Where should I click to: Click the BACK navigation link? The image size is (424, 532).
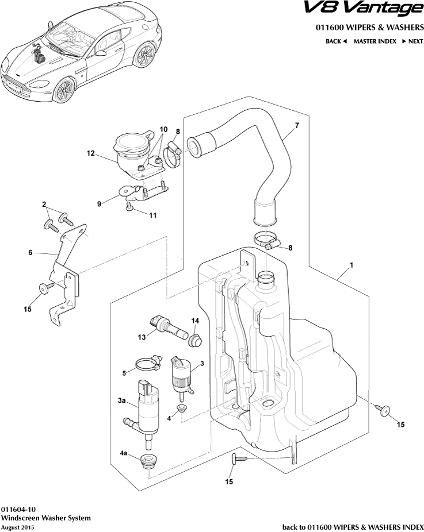pyautogui.click(x=336, y=41)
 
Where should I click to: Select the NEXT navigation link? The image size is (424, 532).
pyautogui.click(x=412, y=41)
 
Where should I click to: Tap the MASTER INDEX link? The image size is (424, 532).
pyautogui.click(x=375, y=41)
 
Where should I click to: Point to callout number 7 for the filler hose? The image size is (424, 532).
pyautogui.click(x=297, y=125)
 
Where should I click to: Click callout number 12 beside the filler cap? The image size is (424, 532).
pyautogui.click(x=90, y=153)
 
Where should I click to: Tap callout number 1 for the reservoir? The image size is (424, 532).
pyautogui.click(x=351, y=266)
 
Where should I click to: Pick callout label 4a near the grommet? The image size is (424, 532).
pyautogui.click(x=124, y=453)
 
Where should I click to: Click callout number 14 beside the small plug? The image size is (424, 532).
pyautogui.click(x=195, y=321)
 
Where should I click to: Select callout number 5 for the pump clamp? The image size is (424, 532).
pyautogui.click(x=124, y=373)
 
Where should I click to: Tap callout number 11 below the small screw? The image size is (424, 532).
pyautogui.click(x=152, y=215)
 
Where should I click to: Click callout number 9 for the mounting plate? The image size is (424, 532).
pyautogui.click(x=98, y=203)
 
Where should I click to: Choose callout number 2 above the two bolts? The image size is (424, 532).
pyautogui.click(x=44, y=205)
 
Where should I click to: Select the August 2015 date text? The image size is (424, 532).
pyautogui.click(x=18, y=527)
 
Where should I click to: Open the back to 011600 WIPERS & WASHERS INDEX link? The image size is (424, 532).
pyautogui.click(x=353, y=527)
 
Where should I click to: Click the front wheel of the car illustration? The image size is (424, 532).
pyautogui.click(x=63, y=90)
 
